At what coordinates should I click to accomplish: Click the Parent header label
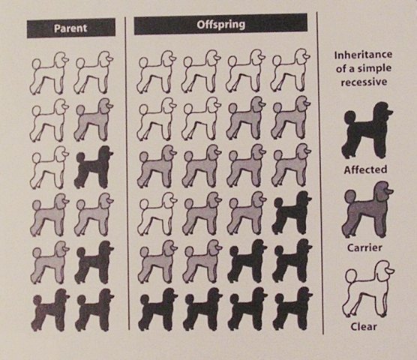coord(70,28)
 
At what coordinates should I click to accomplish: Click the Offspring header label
coord(221,25)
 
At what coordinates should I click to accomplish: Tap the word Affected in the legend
coord(365,169)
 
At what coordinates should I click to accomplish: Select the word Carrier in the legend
coord(364,247)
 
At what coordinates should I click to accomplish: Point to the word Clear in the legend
coord(364,326)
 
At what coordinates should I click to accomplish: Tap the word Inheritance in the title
coord(363,55)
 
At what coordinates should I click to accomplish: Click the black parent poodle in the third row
coord(94,167)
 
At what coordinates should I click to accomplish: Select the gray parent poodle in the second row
coord(94,120)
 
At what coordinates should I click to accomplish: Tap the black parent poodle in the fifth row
coord(94,262)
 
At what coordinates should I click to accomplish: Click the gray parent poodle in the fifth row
coord(49,262)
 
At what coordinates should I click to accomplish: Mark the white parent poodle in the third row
coord(49,167)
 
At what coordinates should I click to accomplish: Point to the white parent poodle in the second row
coord(49,120)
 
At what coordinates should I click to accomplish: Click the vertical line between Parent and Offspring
coord(127,173)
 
